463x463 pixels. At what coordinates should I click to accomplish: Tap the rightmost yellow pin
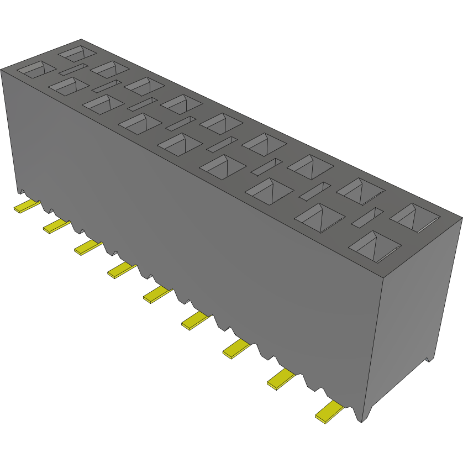pyautogui.click(x=329, y=412)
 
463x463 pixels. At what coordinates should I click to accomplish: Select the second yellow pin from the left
pyautogui.click(x=57, y=225)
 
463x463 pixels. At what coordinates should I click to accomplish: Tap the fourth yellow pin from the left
pyautogui.click(x=122, y=270)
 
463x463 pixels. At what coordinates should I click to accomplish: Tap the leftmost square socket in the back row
pyautogui.click(x=77, y=54)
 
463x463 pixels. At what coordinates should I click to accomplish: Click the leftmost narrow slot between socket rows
pyautogui.click(x=73, y=70)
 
